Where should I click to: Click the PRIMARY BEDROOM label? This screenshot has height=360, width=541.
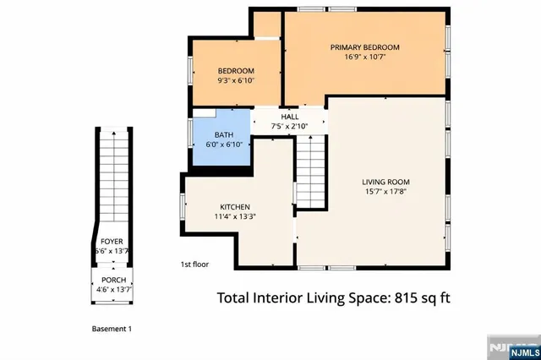[364, 47]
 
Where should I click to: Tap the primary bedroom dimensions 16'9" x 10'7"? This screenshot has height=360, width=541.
[364, 58]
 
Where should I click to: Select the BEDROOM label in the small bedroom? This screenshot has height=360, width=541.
[236, 70]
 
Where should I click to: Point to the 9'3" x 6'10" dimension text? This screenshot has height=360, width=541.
[236, 81]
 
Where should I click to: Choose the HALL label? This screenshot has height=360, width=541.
[289, 117]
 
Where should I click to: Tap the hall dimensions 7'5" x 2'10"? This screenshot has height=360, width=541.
[289, 127]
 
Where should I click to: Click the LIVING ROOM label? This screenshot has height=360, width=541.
[385, 182]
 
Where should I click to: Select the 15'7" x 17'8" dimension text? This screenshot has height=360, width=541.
[385, 193]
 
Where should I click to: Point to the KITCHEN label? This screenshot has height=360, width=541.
[234, 207]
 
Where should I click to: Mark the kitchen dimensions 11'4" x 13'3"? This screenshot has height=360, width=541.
[234, 217]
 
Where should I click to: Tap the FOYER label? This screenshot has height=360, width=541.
[112, 241]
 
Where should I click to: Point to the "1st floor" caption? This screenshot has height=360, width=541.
[194, 265]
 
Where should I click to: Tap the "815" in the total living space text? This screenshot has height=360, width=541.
[397, 297]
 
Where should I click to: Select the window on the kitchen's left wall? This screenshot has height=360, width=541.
[182, 206]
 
